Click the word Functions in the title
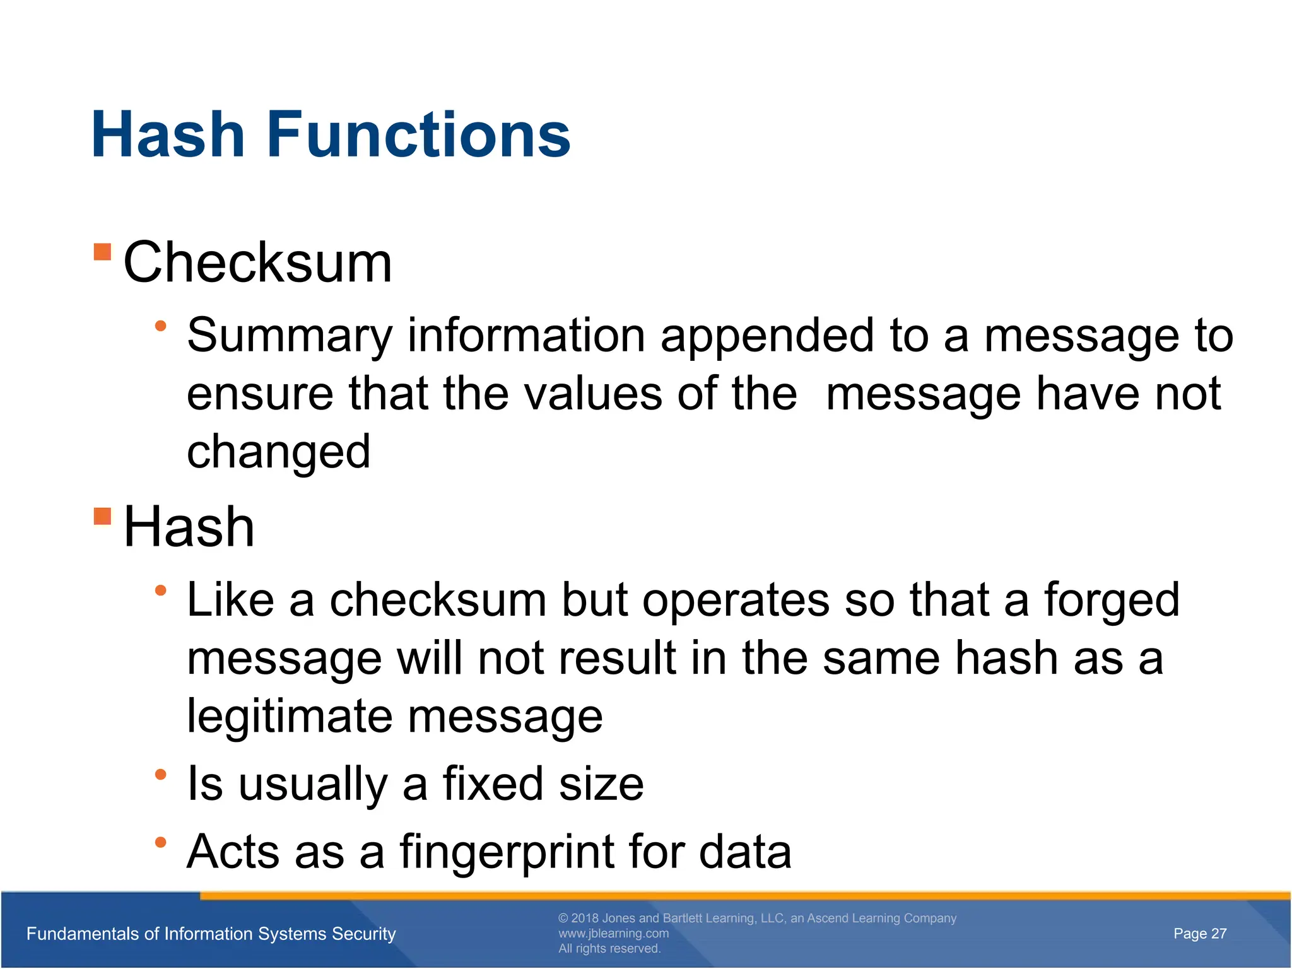(418, 134)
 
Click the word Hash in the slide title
(168, 134)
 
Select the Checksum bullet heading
(257, 262)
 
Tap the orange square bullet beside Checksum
(102, 252)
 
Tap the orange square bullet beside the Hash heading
(102, 516)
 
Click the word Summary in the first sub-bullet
(290, 336)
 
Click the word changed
(278, 452)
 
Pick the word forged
(1112, 600)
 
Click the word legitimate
(290, 716)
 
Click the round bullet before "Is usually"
(161, 774)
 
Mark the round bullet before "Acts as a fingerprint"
(161, 842)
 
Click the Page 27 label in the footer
(1199, 934)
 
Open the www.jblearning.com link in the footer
(613, 934)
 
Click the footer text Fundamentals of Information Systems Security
(211, 934)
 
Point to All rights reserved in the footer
(609, 949)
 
